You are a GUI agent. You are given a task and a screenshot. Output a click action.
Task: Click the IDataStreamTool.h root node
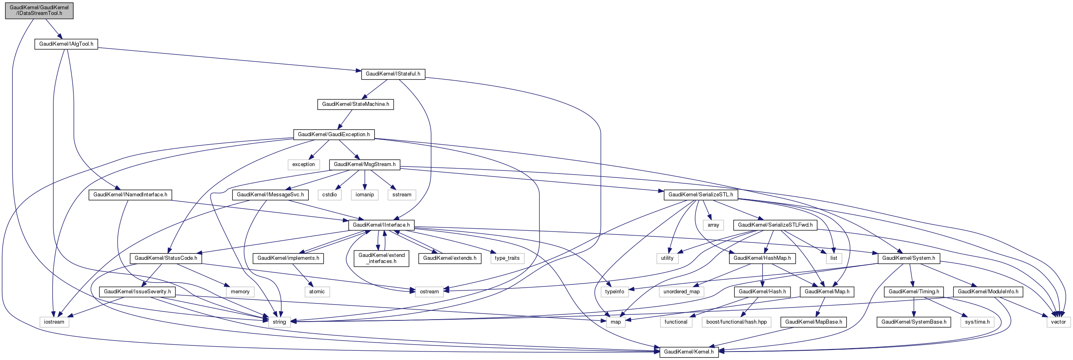point(39,10)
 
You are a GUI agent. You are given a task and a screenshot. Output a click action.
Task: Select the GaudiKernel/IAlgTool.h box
point(66,44)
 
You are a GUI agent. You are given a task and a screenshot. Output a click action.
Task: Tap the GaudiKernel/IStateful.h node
point(393,74)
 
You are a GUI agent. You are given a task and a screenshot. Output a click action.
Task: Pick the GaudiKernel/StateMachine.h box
point(355,104)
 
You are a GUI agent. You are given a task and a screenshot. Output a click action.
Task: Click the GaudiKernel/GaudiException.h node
point(334,134)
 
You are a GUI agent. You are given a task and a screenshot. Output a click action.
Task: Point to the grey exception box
point(303,164)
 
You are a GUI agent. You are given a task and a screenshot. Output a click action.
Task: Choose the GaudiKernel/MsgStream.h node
point(365,164)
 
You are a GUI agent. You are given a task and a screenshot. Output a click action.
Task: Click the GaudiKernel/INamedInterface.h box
point(130,195)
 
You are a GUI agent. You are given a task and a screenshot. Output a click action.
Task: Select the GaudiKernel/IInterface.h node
point(381,225)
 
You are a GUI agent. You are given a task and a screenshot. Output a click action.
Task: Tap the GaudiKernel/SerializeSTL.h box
point(701,195)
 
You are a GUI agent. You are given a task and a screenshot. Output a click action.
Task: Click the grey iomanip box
point(365,195)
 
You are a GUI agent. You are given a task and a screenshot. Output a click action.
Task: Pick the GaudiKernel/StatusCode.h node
point(166,258)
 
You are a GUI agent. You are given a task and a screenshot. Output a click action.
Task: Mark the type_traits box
point(507,258)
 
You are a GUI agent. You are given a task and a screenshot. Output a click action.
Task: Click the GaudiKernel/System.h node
point(909,258)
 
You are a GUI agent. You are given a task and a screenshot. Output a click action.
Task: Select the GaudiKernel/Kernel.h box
point(689,352)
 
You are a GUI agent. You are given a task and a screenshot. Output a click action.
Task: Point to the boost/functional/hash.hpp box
point(736,322)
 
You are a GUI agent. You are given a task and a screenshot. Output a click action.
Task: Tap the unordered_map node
point(681,291)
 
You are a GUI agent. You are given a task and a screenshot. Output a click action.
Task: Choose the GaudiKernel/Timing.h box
point(914,291)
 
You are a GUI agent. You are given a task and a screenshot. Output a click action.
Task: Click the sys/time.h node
point(977,322)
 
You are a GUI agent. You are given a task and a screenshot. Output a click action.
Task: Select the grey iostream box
point(54,322)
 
